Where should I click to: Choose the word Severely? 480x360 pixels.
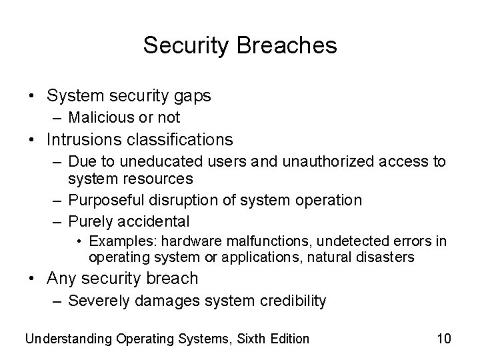99,301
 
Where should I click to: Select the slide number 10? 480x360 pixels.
444,339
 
